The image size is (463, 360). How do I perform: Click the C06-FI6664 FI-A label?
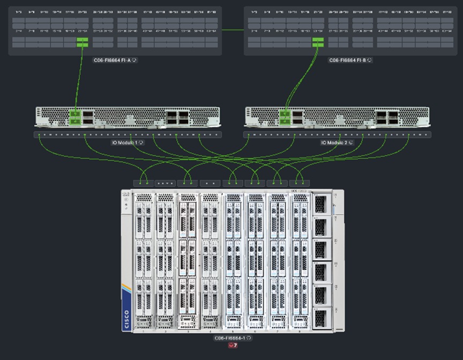(x=111, y=60)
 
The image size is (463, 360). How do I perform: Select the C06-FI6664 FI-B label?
(x=347, y=60)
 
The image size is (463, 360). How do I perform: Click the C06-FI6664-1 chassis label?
(x=229, y=338)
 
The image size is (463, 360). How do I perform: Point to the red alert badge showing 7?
(x=233, y=346)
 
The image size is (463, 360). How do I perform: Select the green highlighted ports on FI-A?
(x=82, y=42)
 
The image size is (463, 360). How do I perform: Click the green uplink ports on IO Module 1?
(x=74, y=117)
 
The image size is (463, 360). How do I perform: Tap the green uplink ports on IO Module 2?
(x=285, y=117)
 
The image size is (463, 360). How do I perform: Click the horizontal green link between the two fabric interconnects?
(x=233, y=30)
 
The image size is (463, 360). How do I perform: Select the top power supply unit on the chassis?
(x=321, y=204)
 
